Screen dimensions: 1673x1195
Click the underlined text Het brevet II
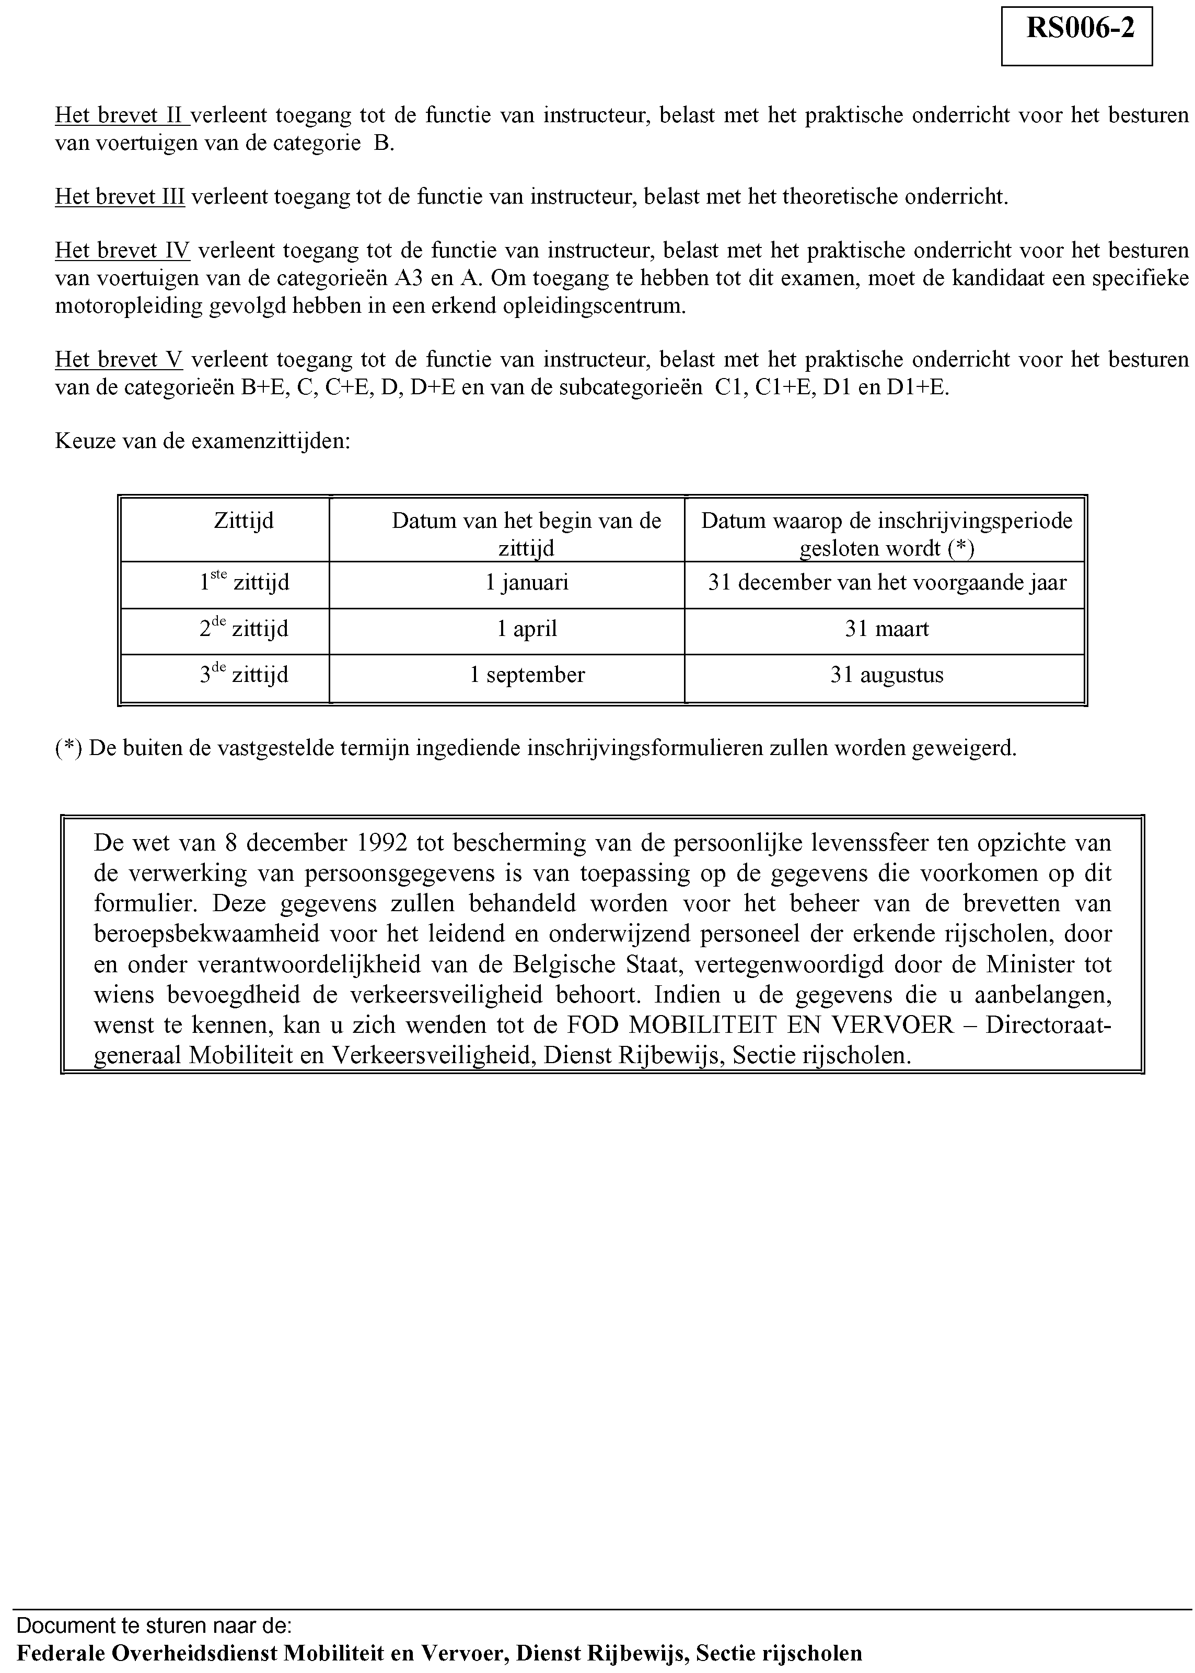(x=121, y=115)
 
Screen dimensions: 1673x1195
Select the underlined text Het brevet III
(x=119, y=196)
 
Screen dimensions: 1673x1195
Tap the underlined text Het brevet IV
(x=122, y=251)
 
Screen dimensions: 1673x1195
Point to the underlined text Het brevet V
(x=119, y=360)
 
